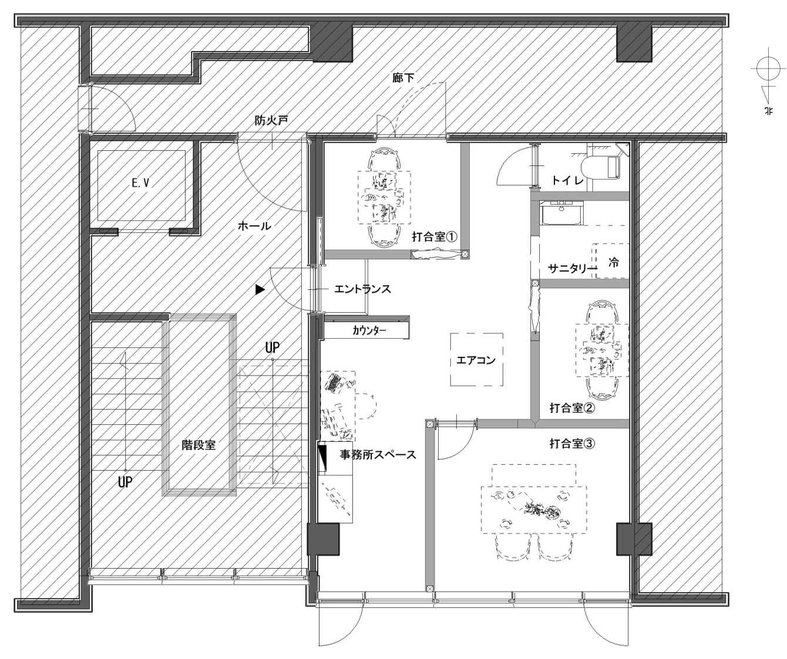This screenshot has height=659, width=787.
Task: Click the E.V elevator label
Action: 140,183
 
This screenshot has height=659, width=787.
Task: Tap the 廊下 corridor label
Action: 403,77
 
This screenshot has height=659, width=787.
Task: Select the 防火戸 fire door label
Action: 271,121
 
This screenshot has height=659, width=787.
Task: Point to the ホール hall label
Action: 254,225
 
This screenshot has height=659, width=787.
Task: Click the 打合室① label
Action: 435,237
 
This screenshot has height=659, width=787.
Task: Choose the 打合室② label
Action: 572,408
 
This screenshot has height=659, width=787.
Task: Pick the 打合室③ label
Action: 572,444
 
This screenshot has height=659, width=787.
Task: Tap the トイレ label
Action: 567,181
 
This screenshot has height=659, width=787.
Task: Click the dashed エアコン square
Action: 476,360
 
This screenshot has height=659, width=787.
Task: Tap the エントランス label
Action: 362,289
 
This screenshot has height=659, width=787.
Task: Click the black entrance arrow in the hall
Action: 260,289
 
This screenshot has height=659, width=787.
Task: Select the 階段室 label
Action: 199,445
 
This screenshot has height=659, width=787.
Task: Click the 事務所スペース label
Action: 378,454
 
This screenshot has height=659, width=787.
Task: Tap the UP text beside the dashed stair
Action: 272,347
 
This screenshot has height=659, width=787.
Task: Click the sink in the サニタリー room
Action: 561,214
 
